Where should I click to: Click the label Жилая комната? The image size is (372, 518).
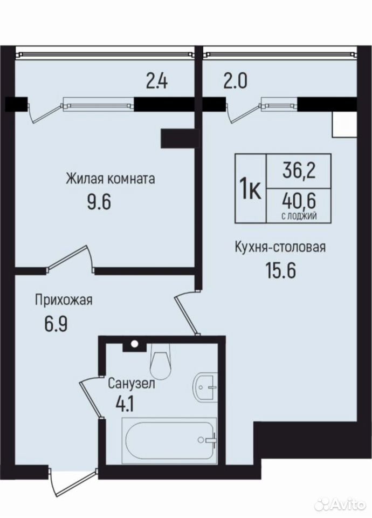110,179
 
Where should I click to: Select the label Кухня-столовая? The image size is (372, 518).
280,247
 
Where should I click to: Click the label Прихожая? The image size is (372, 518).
64,301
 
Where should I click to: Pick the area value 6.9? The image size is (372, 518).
56,324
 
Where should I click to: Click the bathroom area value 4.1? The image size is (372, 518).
125,404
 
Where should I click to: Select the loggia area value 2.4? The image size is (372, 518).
157,81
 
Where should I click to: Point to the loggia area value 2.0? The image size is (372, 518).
235,81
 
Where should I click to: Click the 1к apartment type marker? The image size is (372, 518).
250,188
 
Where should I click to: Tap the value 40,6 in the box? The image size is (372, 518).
299,201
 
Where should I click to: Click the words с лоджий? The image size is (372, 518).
299,216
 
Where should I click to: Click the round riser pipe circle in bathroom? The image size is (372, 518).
134,344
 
